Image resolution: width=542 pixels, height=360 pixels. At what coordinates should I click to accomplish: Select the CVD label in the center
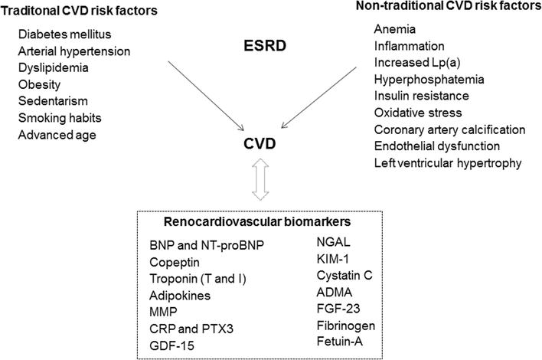(263, 144)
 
